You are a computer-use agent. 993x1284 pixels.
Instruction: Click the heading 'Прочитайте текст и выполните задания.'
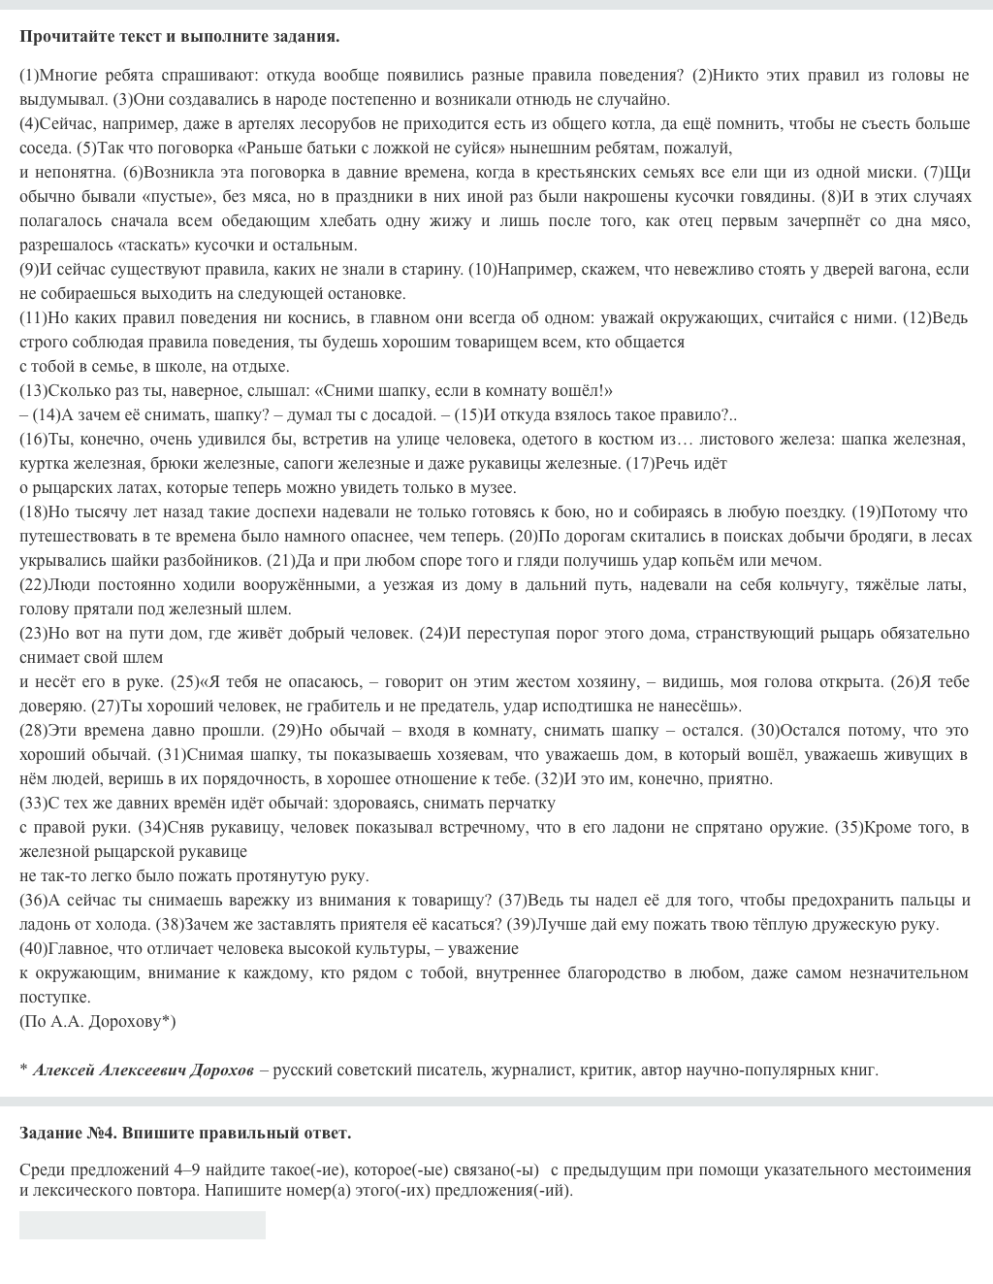(x=179, y=37)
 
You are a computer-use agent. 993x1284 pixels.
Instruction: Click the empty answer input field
(x=142, y=1225)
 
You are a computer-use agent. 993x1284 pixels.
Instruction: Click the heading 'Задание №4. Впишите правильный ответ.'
(x=185, y=1133)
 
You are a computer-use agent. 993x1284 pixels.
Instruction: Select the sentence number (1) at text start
(x=29, y=76)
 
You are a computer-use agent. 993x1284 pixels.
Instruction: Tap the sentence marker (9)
(x=29, y=270)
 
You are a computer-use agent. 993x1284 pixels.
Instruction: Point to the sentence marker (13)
(x=33, y=391)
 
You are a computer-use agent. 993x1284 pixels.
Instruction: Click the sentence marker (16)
(x=33, y=440)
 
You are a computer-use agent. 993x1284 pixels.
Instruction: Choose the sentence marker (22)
(x=33, y=585)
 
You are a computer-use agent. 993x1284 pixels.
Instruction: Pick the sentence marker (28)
(x=33, y=731)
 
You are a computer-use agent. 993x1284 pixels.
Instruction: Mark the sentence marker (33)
(x=33, y=804)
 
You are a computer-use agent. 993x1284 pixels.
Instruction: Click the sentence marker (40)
(x=33, y=949)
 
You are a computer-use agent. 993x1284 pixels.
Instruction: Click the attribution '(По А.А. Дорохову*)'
(x=97, y=1021)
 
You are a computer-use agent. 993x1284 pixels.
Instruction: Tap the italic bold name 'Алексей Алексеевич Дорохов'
(x=143, y=1070)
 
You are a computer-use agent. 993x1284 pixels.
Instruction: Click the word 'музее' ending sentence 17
(x=495, y=488)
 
